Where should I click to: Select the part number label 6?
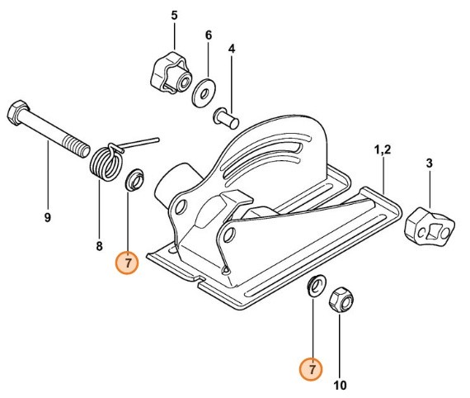click(208, 36)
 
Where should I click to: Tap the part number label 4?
click(233, 49)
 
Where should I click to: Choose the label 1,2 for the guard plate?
click(383, 150)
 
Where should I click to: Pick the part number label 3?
click(429, 163)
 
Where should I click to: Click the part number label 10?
click(340, 384)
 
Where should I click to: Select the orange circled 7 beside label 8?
click(128, 263)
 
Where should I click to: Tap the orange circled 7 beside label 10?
click(312, 369)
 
